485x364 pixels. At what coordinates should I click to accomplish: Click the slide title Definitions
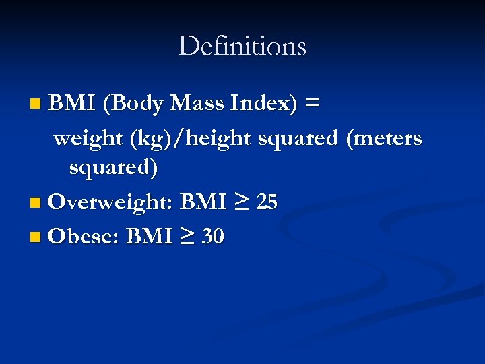(242, 46)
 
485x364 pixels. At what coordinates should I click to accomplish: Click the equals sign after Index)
(312, 103)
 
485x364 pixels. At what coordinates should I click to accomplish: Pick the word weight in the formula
(85, 138)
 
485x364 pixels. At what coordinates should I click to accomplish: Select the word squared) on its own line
(114, 168)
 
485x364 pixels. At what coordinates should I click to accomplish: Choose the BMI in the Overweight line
(203, 202)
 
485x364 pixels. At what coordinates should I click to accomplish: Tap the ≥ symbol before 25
(242, 202)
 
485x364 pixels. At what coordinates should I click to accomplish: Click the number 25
(267, 202)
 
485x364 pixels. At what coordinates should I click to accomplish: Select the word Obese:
(84, 237)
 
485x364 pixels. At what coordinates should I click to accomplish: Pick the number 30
(213, 237)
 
